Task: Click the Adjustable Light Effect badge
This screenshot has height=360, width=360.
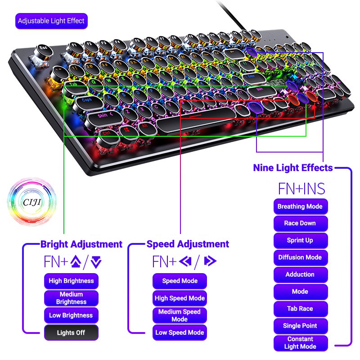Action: (x=51, y=21)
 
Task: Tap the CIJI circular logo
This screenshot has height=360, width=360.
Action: (x=31, y=200)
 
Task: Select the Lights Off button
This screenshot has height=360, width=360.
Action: (x=71, y=333)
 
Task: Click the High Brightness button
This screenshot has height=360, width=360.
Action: (x=71, y=281)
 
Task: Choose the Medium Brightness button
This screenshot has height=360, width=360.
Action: (x=71, y=298)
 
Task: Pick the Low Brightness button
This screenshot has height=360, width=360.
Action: (x=71, y=315)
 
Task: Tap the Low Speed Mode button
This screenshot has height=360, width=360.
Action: (x=180, y=333)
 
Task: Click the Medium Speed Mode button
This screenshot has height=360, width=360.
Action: (x=180, y=315)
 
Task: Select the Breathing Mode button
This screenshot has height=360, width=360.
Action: (x=300, y=207)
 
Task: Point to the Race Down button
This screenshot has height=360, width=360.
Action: (x=300, y=223)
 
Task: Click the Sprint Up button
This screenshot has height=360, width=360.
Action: (x=300, y=240)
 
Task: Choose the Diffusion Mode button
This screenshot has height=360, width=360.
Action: (x=300, y=257)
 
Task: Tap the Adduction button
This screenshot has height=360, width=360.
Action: (x=300, y=274)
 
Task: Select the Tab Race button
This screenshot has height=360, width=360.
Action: (x=300, y=309)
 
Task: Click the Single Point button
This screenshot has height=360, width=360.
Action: (x=300, y=326)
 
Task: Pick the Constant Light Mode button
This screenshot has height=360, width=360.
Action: (x=300, y=343)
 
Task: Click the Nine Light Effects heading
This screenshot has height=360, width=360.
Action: (x=293, y=168)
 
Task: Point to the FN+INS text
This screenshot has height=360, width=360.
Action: (x=301, y=188)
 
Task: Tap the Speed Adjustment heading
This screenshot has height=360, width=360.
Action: (x=188, y=244)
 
